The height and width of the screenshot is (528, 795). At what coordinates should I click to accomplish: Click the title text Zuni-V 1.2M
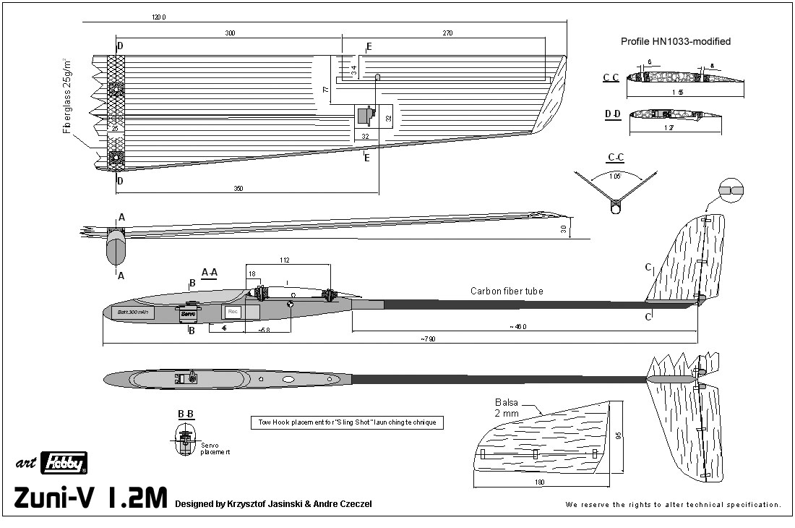point(90,499)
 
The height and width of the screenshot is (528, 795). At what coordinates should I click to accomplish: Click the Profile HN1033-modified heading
point(675,41)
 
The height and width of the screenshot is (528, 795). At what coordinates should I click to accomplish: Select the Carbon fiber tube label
point(507,291)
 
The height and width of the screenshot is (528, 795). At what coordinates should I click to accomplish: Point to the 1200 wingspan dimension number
point(159,17)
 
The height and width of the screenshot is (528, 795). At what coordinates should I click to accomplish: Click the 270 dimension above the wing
point(447,33)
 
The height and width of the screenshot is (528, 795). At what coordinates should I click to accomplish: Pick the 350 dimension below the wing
point(238,189)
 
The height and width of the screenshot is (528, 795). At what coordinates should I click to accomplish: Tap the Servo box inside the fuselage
point(188,315)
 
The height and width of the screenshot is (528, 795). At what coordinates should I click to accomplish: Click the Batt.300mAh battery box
point(133,312)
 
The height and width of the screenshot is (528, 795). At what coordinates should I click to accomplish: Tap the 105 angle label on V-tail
point(615,175)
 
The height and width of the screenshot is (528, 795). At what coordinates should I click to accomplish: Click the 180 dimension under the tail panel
point(540,482)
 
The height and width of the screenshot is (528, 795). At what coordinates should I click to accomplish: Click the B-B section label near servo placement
point(185,414)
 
